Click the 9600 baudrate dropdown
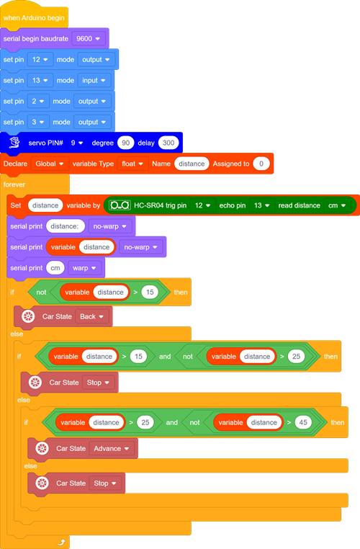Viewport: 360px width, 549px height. [x=88, y=38]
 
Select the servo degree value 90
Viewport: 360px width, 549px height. [x=125, y=143]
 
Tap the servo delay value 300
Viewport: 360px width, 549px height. [x=168, y=143]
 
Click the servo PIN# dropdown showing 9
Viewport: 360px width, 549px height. [x=76, y=143]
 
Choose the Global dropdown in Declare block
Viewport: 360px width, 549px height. [x=50, y=164]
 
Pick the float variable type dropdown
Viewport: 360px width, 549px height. [x=132, y=164]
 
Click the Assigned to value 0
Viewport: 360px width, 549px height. [x=261, y=164]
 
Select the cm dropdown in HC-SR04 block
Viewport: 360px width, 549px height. [x=337, y=205]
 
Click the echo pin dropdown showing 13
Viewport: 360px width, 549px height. [x=261, y=205]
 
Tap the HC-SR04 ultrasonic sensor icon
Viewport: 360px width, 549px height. [x=120, y=205]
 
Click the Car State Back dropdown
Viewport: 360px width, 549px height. [x=91, y=316]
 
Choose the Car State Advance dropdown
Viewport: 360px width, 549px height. [x=112, y=449]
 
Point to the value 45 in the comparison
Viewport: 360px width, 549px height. [x=303, y=423]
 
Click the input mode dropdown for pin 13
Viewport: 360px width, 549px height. [x=94, y=81]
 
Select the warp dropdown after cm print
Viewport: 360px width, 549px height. [x=84, y=268]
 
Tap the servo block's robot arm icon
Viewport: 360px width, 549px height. [x=14, y=143]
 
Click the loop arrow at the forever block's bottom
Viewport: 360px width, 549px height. [x=62, y=543]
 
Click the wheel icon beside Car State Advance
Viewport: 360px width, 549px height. [x=42, y=449]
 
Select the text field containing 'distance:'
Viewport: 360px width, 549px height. [x=66, y=226]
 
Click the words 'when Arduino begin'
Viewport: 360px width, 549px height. [x=34, y=18]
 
